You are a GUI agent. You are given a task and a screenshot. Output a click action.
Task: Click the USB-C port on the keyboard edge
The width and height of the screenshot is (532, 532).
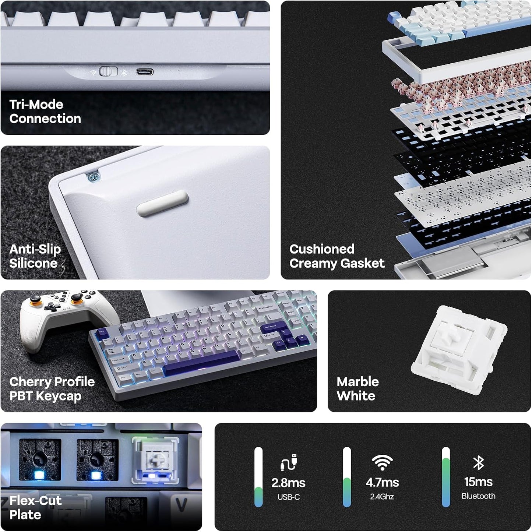coord(145,72)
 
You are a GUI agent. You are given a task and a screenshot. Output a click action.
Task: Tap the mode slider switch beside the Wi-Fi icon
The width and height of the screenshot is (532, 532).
coord(108,71)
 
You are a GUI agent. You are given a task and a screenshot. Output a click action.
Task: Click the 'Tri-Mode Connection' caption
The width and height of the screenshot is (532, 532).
coord(45,112)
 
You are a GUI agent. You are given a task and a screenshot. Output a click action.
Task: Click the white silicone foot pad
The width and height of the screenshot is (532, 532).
coord(162,204)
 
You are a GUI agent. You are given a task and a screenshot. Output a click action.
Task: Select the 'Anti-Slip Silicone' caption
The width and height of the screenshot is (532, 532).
coord(35,256)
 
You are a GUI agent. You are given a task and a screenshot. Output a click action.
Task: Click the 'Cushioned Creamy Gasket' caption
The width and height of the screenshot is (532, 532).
coord(337,256)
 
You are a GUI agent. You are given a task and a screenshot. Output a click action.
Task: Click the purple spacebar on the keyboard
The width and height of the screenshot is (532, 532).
coord(201,363)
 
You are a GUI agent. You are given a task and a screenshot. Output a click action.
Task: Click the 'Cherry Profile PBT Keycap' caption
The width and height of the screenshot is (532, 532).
coord(52,389)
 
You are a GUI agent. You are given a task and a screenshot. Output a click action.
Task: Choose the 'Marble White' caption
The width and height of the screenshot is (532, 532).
coord(357,389)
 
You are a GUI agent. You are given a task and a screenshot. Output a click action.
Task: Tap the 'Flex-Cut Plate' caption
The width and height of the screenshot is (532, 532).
coord(35,507)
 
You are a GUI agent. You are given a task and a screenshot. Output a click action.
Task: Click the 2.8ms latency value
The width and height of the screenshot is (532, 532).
coord(288,483)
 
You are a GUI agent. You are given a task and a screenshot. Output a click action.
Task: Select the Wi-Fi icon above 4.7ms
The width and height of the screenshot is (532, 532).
coord(382,462)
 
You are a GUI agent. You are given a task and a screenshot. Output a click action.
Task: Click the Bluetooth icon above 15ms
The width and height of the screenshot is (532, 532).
coord(478,462)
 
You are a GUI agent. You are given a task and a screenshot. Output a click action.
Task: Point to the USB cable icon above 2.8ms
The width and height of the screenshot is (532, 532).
coord(289,462)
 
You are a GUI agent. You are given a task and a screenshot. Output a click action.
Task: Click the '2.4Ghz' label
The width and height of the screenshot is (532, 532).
coord(382,497)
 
